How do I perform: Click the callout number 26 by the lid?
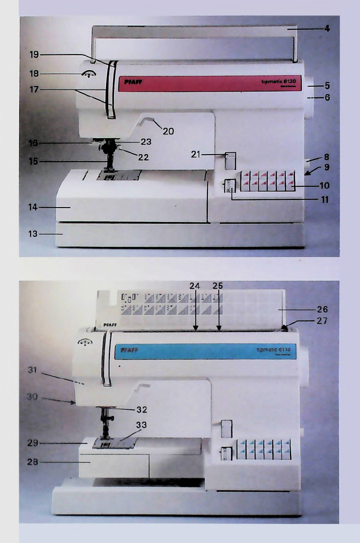(321, 308)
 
